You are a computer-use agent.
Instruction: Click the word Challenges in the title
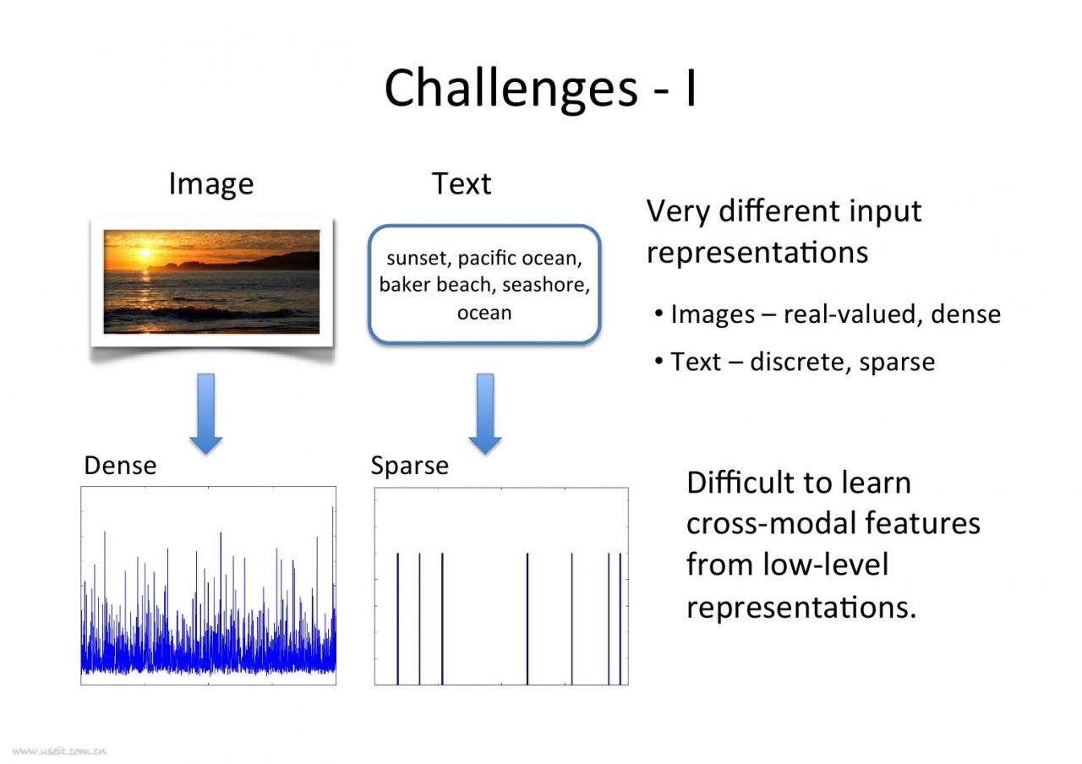(x=511, y=89)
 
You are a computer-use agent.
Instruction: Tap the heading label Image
(x=211, y=184)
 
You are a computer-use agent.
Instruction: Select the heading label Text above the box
(x=462, y=183)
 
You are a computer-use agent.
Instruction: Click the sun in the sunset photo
(x=145, y=252)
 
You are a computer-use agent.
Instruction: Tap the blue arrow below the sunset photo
(x=206, y=413)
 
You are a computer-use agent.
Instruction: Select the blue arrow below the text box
(x=485, y=413)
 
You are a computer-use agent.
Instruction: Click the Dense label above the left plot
(x=120, y=466)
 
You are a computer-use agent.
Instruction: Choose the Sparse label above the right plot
(x=410, y=467)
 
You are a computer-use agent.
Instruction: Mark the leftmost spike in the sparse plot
(x=397, y=619)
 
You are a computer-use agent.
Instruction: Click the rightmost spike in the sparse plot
(x=620, y=619)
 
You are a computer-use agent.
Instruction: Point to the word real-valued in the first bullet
(x=850, y=314)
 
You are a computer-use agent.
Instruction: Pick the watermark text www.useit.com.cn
(x=59, y=751)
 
